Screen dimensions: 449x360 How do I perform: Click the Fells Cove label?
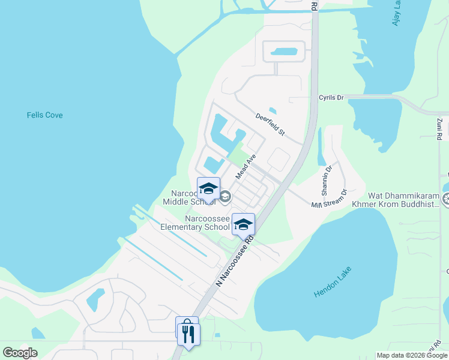pos(45,115)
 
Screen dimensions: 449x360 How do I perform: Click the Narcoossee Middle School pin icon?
pos(208,189)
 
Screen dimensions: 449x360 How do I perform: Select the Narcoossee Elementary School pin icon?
pos(243,224)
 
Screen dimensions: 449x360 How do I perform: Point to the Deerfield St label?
pos(269,124)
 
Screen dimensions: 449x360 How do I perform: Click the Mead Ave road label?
pos(246,166)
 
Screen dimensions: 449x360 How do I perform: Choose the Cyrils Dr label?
pos(331,97)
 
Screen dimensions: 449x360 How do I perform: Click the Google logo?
pos(20,353)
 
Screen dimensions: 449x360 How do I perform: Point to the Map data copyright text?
pos(412,355)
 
